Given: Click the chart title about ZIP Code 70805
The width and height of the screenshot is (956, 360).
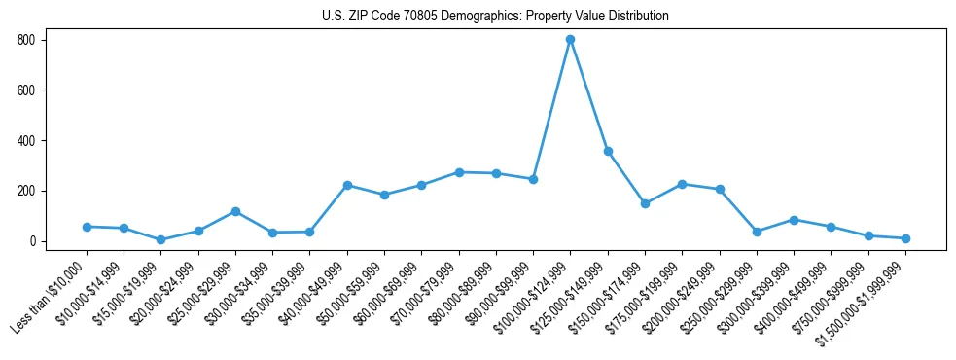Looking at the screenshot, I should tap(495, 17).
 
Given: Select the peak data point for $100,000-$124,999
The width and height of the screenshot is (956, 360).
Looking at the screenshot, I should tap(570, 40).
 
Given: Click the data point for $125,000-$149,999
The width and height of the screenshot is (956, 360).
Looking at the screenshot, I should tap(608, 152).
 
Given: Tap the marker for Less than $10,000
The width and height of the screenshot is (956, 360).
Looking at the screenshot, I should tap(87, 227).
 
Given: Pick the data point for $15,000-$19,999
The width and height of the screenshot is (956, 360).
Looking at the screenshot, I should tap(161, 239).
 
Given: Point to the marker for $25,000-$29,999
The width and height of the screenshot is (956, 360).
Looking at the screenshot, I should tap(235, 211).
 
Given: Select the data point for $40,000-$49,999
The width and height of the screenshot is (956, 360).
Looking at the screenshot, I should tap(347, 185).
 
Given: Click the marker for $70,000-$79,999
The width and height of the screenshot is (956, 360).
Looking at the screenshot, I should tap(459, 172).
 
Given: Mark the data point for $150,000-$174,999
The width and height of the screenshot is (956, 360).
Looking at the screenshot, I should tap(645, 203).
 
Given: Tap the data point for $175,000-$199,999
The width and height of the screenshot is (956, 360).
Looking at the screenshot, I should tap(682, 184).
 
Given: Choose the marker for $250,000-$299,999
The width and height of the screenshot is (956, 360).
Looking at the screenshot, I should tap(757, 232).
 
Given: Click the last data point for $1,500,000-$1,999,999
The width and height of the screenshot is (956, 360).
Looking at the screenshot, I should tap(905, 238).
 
